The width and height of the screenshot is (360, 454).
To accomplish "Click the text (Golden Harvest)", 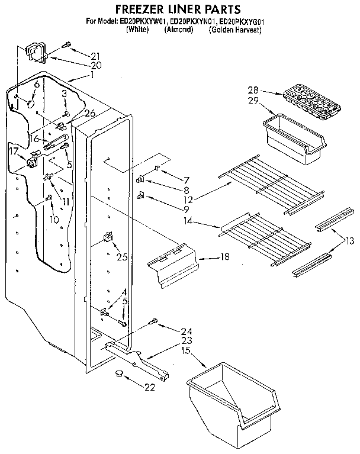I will pos(235,30).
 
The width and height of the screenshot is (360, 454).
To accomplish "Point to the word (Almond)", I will pos(179,30).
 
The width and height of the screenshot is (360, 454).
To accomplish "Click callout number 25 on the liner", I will pos(122,256).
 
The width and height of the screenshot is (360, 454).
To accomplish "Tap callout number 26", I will pos(90,114).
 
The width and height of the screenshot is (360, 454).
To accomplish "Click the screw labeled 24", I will pos(153,322).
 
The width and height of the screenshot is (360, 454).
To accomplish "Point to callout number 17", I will pos(15,151).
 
